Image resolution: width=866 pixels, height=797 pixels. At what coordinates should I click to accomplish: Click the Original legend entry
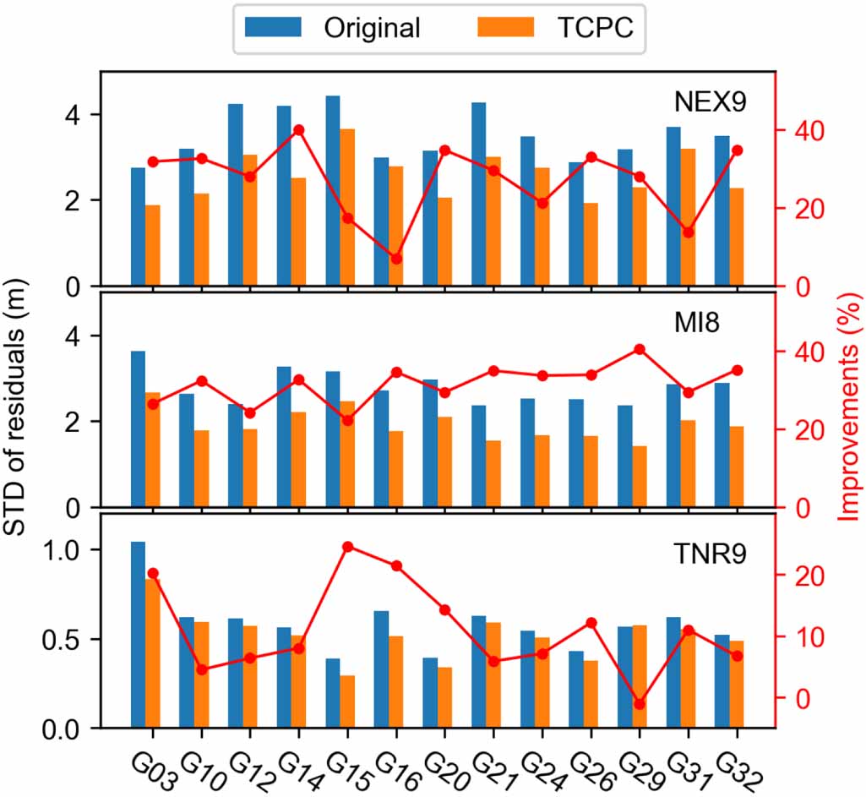coord(372,28)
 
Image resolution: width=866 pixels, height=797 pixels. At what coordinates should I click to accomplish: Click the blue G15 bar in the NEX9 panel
coord(333,190)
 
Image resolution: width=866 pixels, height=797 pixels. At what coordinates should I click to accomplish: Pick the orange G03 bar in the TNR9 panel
coord(153,653)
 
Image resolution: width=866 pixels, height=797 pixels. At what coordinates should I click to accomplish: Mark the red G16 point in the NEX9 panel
coord(396,259)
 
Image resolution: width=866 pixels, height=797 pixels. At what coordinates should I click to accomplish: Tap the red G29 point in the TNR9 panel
coord(640,704)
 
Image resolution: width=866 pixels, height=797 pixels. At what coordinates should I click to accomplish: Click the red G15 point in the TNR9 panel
coord(347,547)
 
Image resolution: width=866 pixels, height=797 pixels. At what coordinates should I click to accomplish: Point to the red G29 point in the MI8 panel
coord(640,349)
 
